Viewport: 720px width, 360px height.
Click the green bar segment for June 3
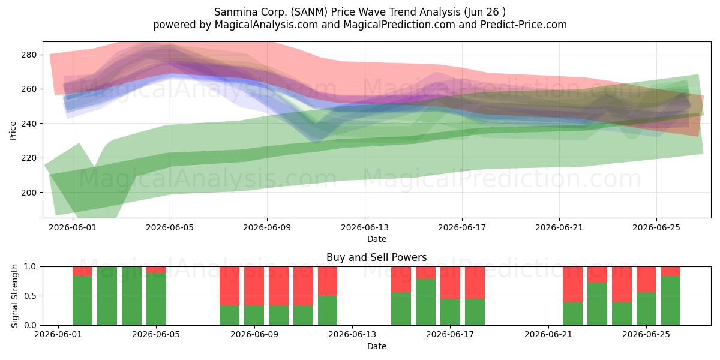pos(107,296)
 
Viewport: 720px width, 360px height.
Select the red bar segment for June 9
pos(254,286)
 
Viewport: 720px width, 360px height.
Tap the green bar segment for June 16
pos(425,302)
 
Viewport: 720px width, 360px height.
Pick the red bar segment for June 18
pos(475,283)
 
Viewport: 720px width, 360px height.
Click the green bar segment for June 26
pos(671,301)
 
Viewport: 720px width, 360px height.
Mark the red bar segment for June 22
pos(572,284)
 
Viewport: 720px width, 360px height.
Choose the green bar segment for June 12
pos(328,311)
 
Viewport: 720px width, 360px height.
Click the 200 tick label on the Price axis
pos(29,193)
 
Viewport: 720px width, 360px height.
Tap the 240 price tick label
pos(29,124)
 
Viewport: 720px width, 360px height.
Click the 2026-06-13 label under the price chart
pos(365,227)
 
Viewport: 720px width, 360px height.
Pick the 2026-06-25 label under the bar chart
pos(646,335)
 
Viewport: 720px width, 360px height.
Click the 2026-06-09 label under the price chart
pos(267,227)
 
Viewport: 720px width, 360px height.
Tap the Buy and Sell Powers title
pos(377,257)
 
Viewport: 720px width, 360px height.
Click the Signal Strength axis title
pos(14,296)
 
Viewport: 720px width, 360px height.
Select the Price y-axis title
pos(13,131)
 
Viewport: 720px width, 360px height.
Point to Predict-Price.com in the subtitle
pos(524,25)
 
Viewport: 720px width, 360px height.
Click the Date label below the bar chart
pos(377,346)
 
